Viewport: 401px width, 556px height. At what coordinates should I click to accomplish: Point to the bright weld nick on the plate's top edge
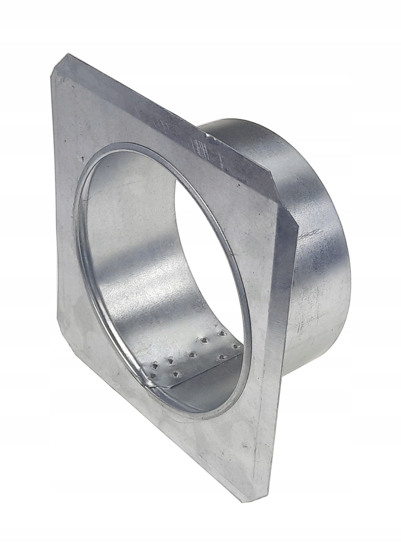point(208,134)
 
